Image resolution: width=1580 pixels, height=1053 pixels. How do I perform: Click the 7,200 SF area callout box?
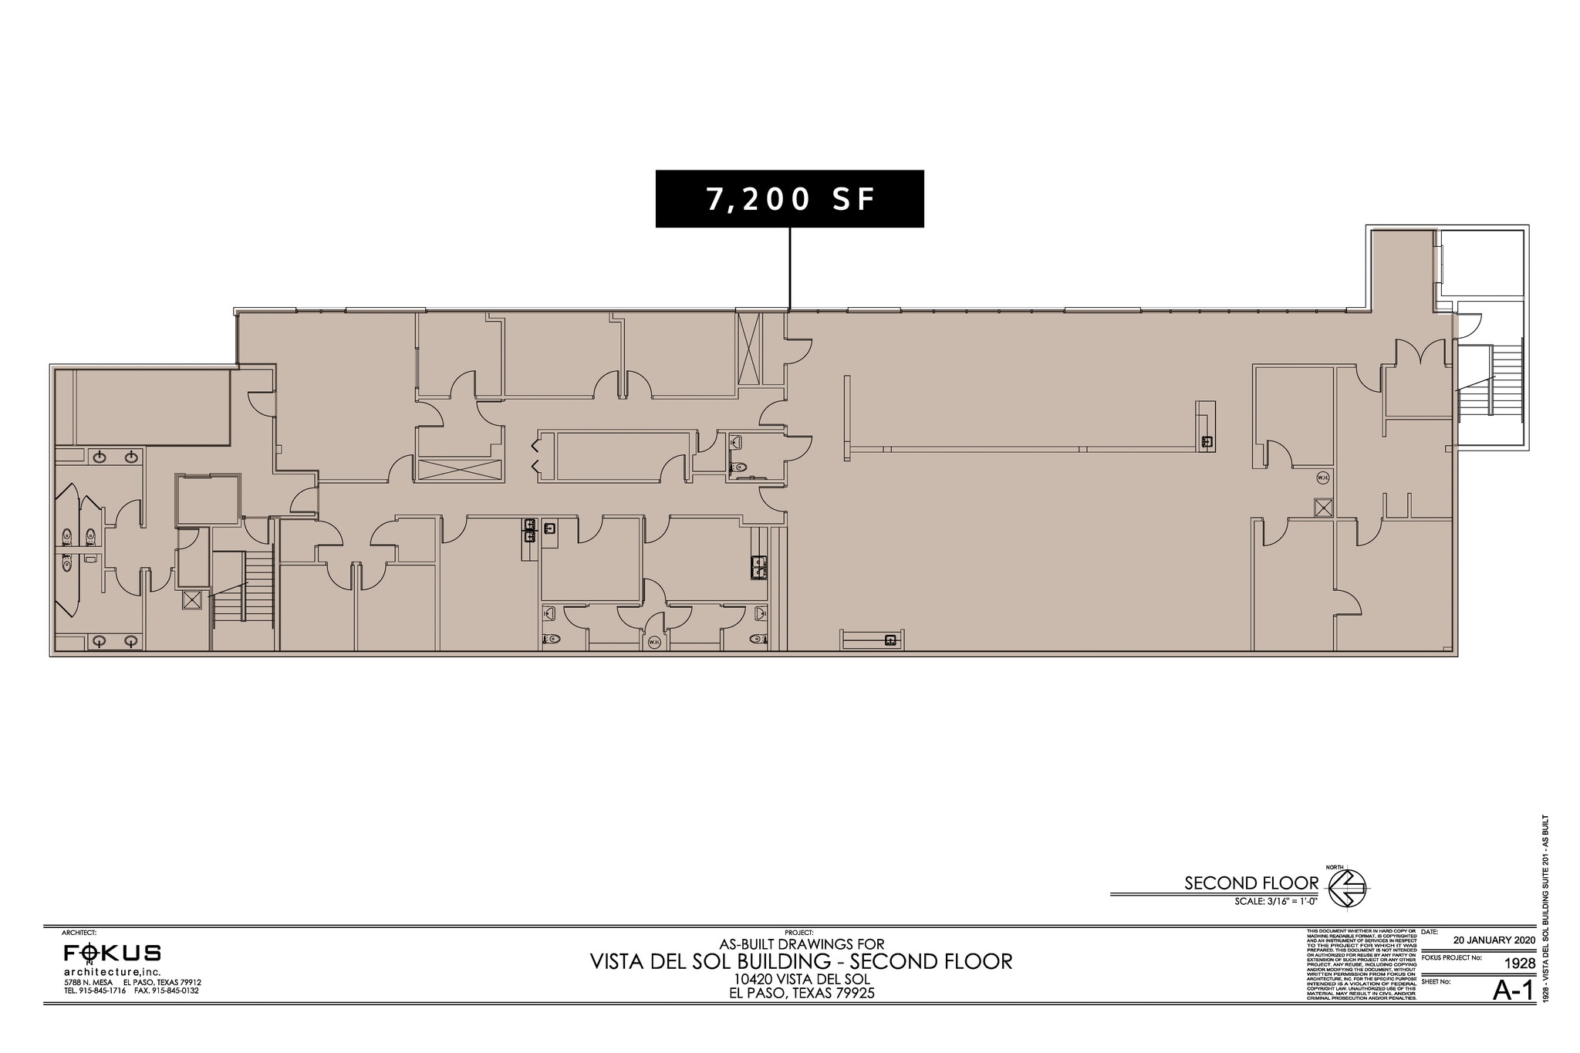point(789,199)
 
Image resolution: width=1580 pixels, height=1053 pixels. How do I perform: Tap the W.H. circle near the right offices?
point(1323,478)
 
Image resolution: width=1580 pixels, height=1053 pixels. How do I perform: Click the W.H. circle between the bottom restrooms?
point(654,642)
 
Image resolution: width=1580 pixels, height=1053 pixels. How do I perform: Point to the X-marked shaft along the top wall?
point(748,347)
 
